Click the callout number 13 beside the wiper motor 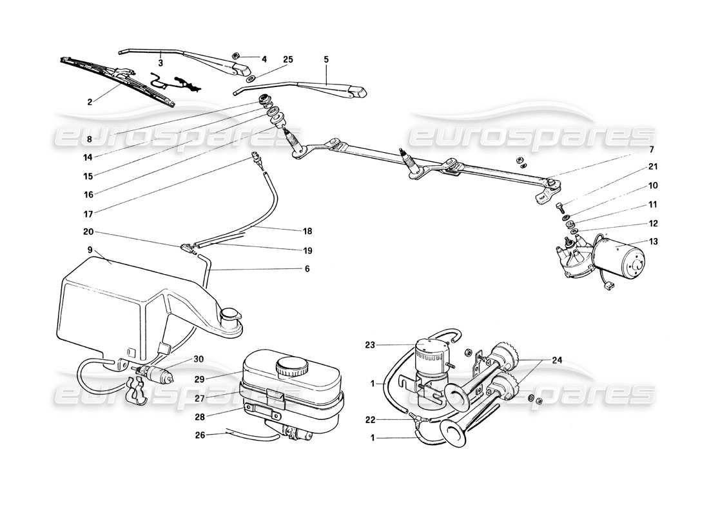653,243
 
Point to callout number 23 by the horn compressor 387,344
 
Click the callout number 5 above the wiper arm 326,59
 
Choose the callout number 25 287,59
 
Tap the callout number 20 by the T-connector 88,232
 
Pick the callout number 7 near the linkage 652,150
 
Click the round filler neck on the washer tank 229,315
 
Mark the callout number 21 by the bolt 652,168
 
